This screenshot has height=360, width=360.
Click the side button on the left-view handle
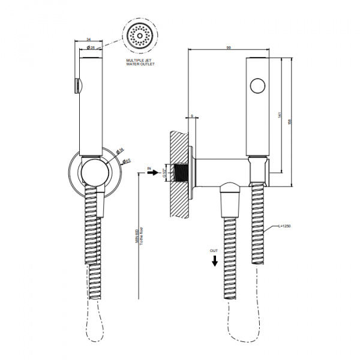tap(76, 86)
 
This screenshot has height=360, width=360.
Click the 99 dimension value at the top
tap(230, 47)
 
